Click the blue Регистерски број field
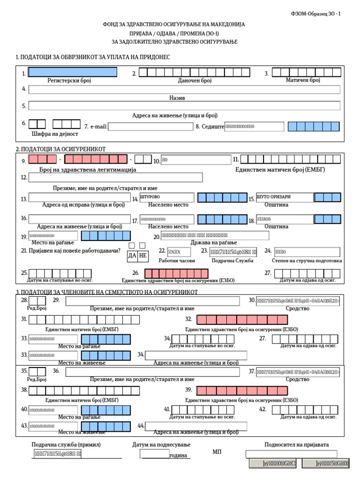[73, 72]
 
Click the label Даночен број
[195, 81]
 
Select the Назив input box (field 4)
[184, 90]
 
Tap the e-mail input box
[150, 127]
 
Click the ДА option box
[132, 255]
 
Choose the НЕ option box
[143, 255]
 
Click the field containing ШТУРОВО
[166, 197]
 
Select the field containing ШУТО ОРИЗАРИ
[284, 197]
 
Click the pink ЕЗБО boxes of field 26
[176, 273]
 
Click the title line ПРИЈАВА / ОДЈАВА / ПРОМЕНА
[174, 33]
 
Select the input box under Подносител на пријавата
[291, 454]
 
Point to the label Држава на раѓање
[213, 242]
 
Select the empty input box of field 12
[115, 177]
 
